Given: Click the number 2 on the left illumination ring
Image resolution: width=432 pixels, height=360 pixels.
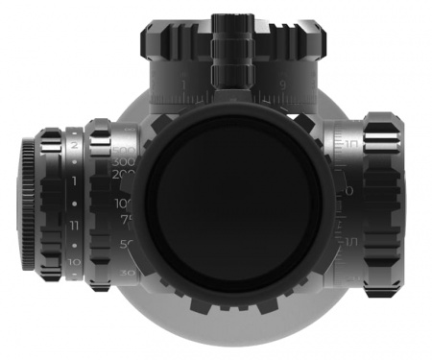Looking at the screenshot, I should pos(75,144).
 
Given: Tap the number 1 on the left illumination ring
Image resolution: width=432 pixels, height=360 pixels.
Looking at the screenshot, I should pos(75,180).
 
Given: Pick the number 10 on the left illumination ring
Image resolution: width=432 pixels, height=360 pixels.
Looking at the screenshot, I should pos(75,261).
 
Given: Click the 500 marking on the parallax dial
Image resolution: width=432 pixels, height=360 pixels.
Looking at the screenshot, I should pos(123,153).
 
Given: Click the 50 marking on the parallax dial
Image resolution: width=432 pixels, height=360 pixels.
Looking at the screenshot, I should pos(125,245).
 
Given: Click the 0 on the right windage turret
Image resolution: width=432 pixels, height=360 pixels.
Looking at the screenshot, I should pos(348,191).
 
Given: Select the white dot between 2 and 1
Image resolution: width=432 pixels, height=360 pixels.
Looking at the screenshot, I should pos(75,161).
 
